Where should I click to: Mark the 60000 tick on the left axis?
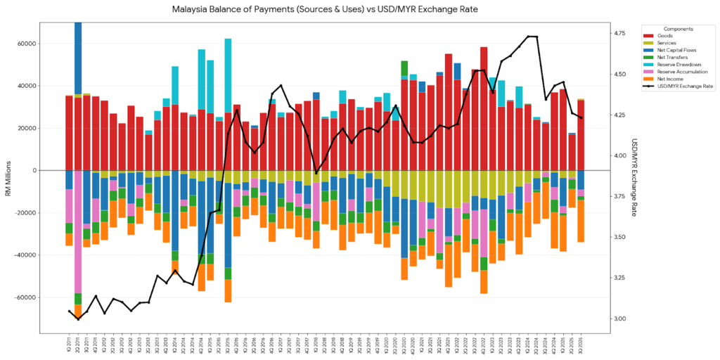27,44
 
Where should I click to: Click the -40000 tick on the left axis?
25,255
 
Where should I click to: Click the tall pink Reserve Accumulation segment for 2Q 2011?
77,240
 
